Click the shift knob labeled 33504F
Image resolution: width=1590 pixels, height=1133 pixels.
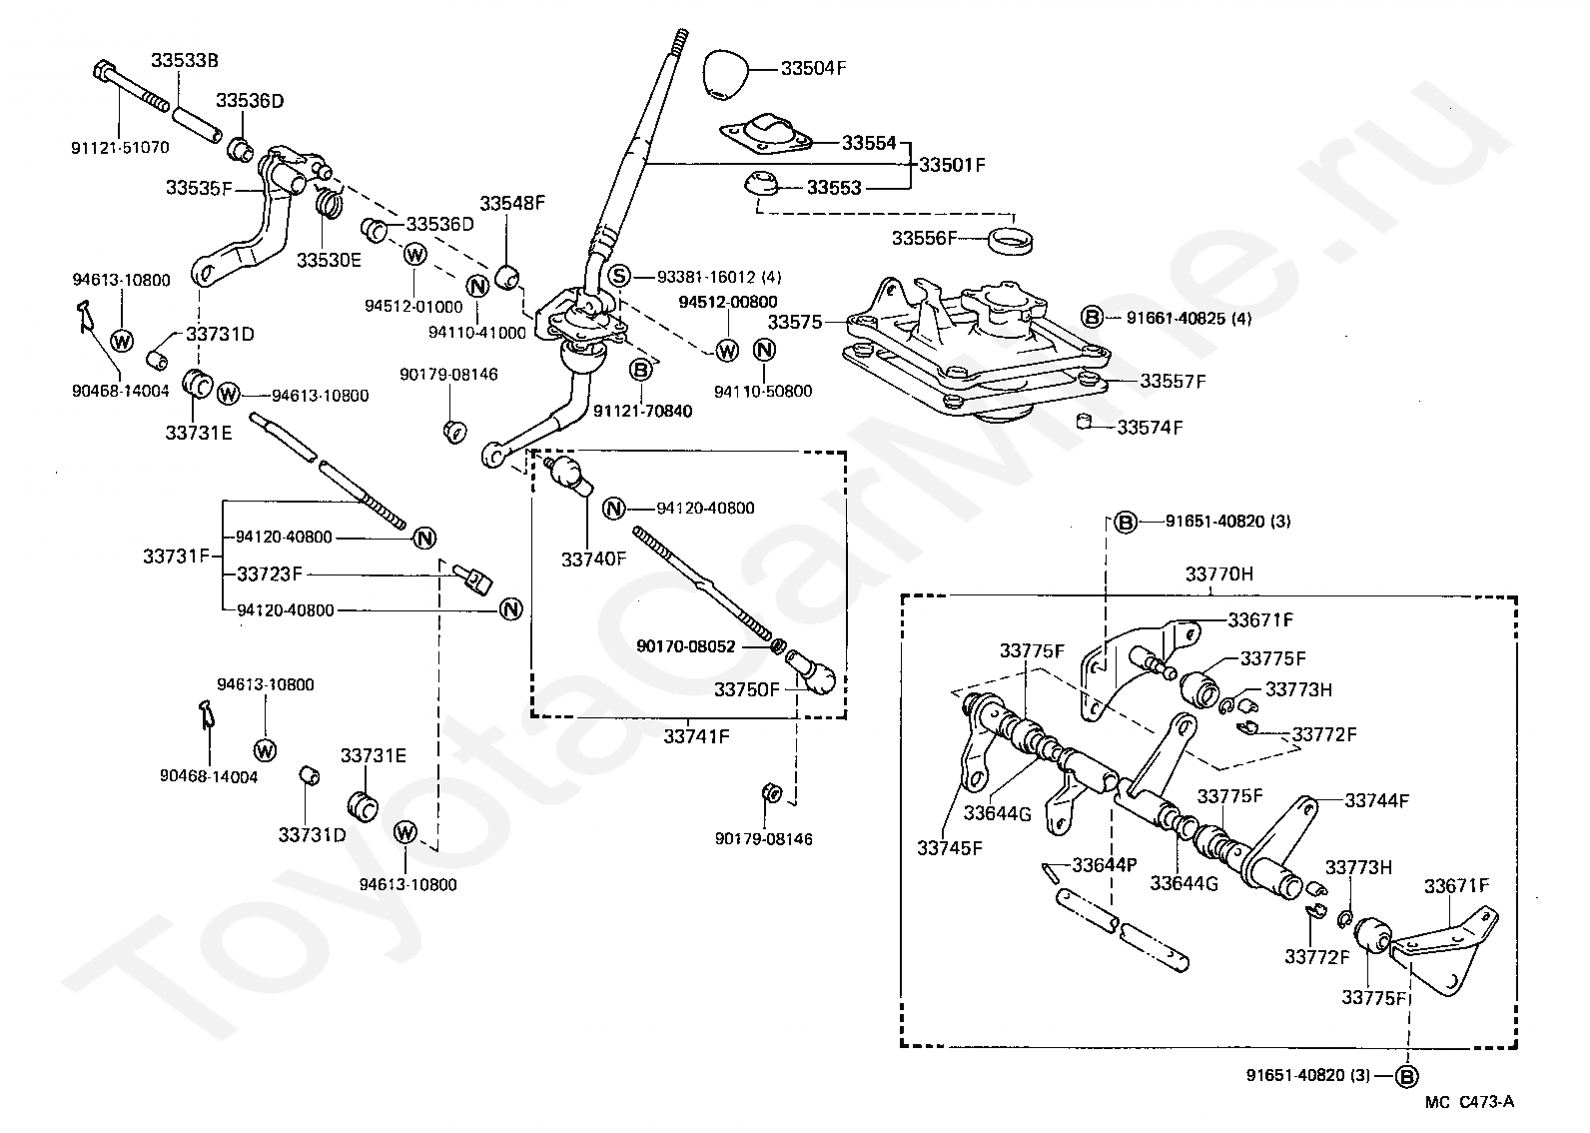[x=725, y=74]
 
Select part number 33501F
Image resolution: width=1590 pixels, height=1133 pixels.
[x=952, y=165]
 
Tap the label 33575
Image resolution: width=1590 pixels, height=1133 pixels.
[x=794, y=323]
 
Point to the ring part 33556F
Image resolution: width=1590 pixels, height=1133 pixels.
[x=1011, y=241]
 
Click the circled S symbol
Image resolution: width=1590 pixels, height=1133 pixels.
[x=619, y=276]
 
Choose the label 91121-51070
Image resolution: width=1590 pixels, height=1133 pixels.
[x=120, y=148]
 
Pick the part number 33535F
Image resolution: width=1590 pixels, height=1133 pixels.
[x=199, y=188]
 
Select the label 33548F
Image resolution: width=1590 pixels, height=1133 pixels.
[x=512, y=204]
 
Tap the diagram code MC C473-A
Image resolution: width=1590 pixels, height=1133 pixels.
[x=1469, y=1102]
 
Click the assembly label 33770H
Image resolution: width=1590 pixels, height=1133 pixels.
[x=1218, y=573]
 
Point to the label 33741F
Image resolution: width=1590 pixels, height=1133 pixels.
[x=695, y=737]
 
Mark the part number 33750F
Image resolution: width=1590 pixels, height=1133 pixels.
[x=747, y=690]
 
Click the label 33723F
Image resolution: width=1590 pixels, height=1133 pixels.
[x=270, y=573]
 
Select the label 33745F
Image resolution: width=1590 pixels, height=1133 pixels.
[x=950, y=848]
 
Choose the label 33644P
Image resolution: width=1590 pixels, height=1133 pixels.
[x=1105, y=864]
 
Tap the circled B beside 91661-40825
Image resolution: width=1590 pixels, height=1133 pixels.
[x=1092, y=318]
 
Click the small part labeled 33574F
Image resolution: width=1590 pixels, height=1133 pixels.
[x=1084, y=422]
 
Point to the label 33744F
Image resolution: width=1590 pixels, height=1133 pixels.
[x=1377, y=800]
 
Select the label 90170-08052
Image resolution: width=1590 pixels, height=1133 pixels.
[x=686, y=646]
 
